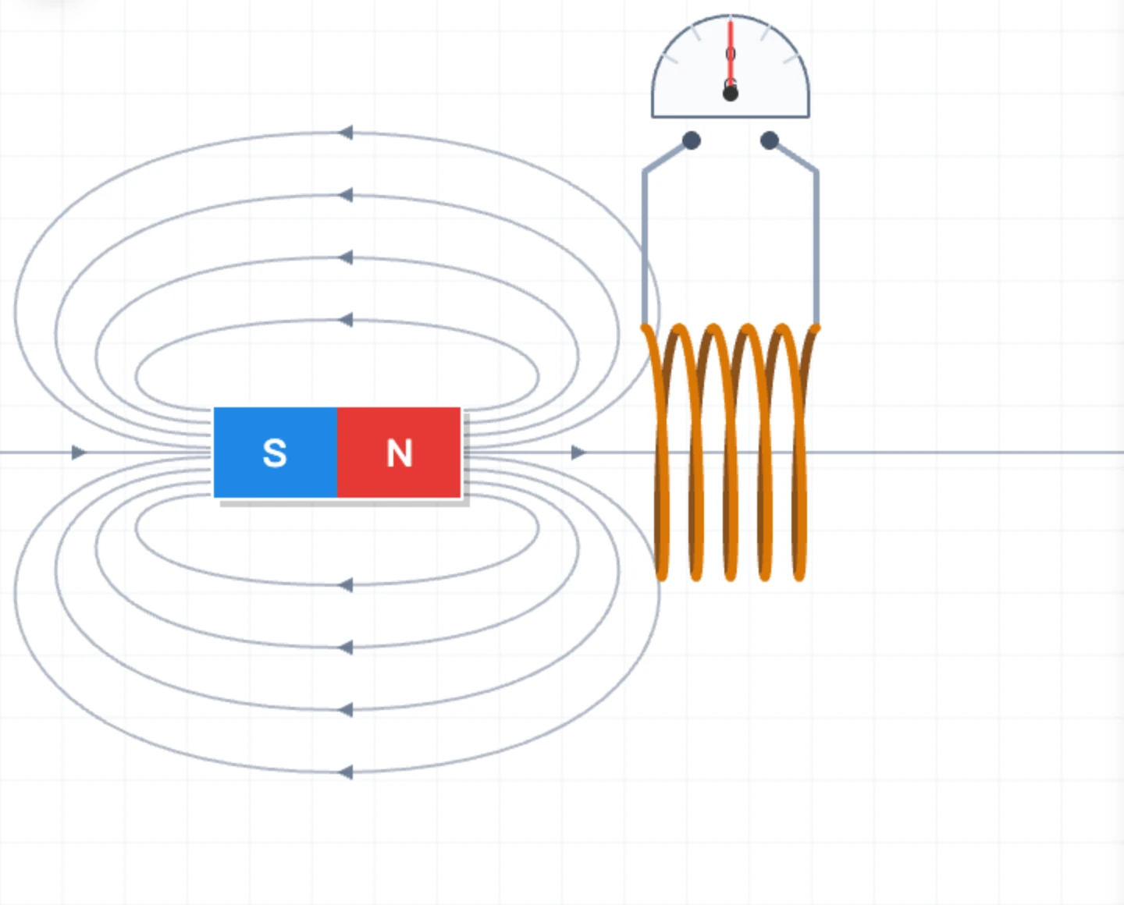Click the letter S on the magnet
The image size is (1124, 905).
(x=275, y=452)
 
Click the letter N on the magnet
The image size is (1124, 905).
(x=400, y=452)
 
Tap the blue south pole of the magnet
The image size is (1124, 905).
(x=276, y=452)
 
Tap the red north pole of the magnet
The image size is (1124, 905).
(x=399, y=452)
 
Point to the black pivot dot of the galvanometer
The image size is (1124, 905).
(x=731, y=94)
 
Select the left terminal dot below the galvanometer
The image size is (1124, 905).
(x=692, y=140)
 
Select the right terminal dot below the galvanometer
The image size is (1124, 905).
(x=770, y=140)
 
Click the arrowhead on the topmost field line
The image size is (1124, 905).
(x=346, y=133)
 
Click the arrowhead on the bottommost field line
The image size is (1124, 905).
(x=346, y=772)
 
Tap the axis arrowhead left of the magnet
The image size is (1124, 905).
(x=79, y=452)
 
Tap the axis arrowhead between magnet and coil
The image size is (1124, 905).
(x=578, y=452)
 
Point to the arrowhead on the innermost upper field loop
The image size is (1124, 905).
(x=346, y=320)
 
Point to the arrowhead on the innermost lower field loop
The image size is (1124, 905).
(x=346, y=585)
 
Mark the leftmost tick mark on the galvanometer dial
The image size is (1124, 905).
(x=670, y=59)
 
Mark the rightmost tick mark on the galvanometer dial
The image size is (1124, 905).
(x=791, y=59)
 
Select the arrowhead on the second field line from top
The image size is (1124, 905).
(x=346, y=195)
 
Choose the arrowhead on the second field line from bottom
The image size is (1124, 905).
(x=346, y=710)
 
